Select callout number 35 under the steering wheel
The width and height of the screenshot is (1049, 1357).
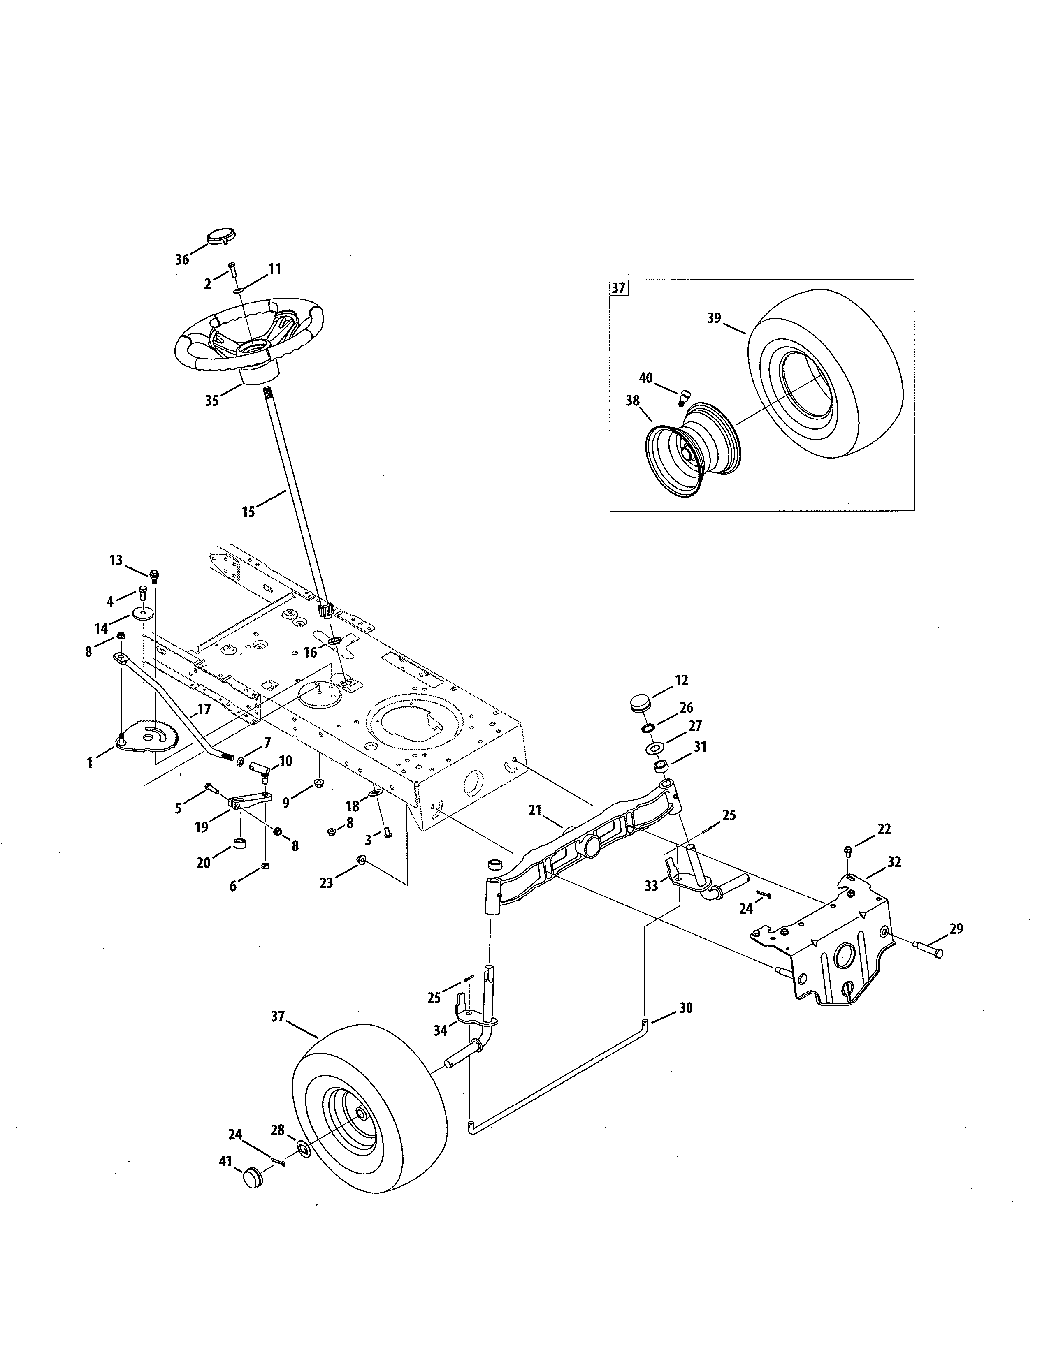click(212, 401)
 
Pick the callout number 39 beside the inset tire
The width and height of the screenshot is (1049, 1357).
click(714, 318)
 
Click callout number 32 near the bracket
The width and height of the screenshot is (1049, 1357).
click(894, 862)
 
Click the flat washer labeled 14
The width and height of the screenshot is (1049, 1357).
click(143, 614)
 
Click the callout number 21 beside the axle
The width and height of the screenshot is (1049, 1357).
click(535, 810)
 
